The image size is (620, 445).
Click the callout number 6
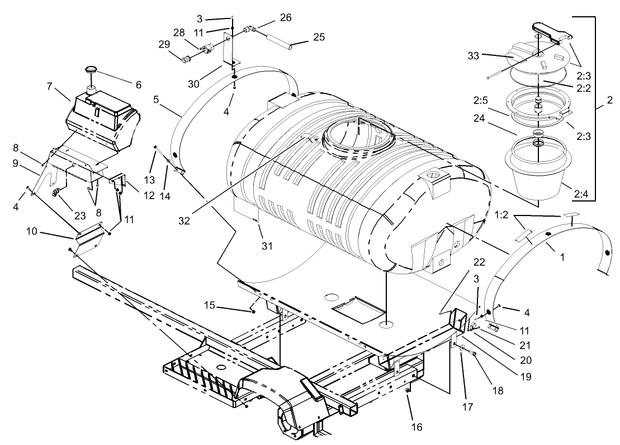pos(137,85)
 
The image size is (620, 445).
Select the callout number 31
pos(268,245)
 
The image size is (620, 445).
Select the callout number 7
pos(49,87)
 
